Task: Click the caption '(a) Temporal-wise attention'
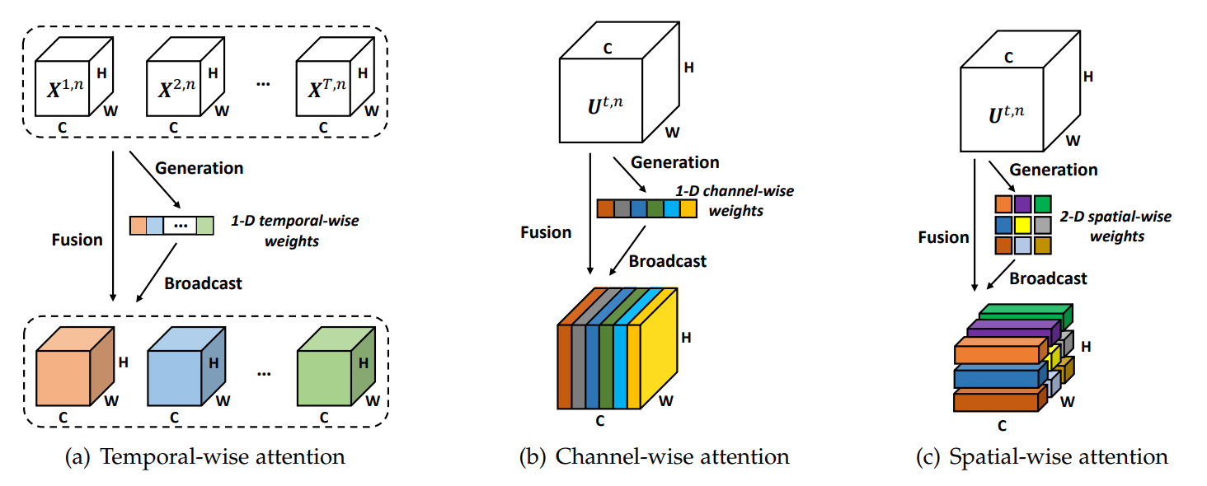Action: tap(204, 457)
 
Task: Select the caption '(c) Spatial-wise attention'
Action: tap(1041, 457)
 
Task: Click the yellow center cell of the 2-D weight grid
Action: tap(1024, 224)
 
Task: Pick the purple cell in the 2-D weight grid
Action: tap(1024, 203)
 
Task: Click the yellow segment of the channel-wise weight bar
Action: tap(688, 208)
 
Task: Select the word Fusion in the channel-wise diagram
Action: tap(546, 232)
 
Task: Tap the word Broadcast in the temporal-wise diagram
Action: tap(204, 283)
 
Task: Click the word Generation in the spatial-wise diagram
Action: tap(1054, 170)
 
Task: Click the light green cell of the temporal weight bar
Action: tap(204, 225)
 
